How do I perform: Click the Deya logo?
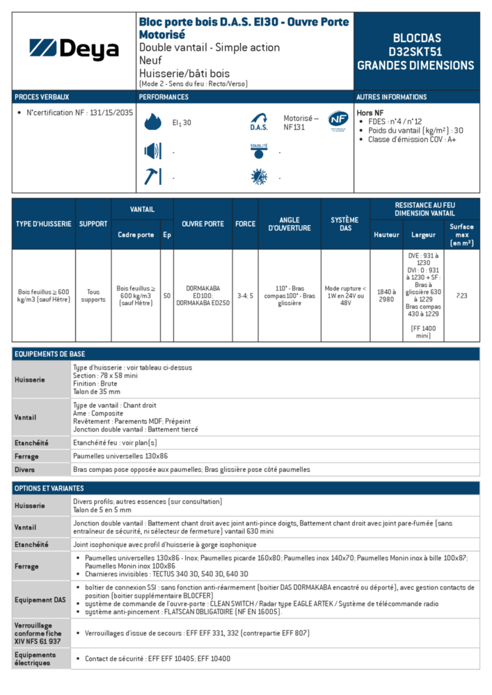click(74, 49)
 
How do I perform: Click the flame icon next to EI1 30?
click(152, 122)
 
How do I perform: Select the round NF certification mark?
click(338, 120)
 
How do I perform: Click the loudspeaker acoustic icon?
click(152, 150)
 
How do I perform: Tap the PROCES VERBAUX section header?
click(42, 97)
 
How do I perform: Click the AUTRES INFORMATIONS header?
click(392, 97)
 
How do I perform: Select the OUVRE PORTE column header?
click(203, 224)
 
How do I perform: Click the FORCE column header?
click(245, 224)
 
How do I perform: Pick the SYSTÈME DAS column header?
click(345, 224)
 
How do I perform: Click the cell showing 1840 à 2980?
click(386, 296)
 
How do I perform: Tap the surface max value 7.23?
click(461, 296)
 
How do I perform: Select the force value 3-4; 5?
click(245, 296)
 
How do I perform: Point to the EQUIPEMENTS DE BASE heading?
click(49, 354)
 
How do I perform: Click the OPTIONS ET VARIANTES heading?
click(51, 489)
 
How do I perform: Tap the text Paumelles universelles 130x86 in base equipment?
click(120, 457)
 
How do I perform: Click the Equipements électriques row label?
click(35, 659)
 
